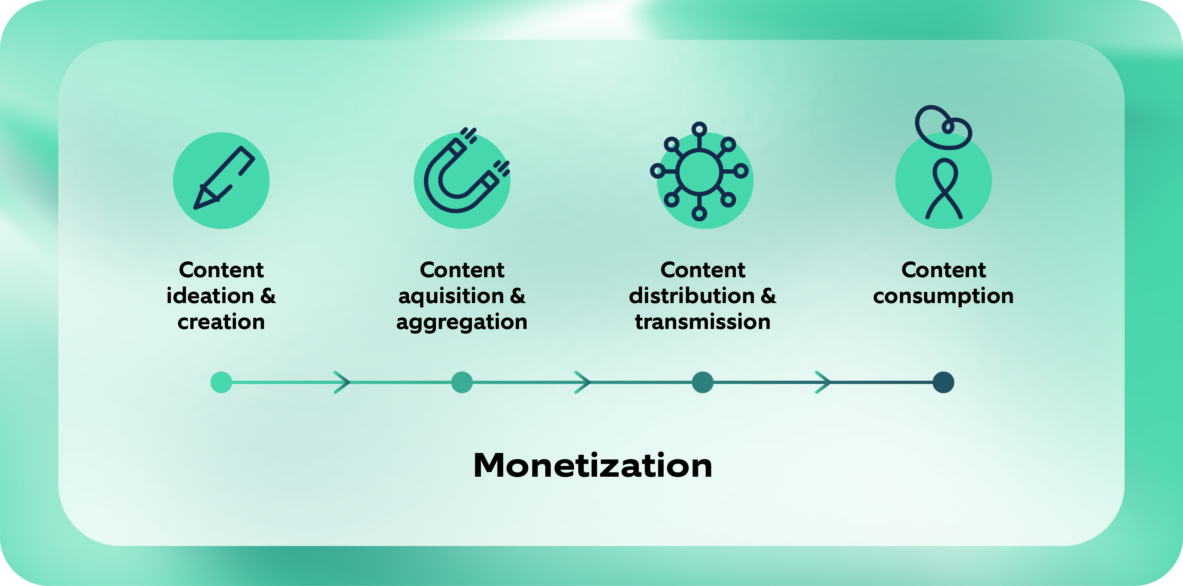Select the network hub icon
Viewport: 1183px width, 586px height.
pos(699,171)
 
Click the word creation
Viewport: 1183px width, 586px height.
pos(221,322)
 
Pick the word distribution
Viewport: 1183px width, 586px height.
pos(692,296)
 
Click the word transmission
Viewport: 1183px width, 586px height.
pos(702,322)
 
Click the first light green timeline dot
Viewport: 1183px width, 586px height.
pos(221,382)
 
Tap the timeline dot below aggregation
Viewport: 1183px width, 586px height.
pos(462,382)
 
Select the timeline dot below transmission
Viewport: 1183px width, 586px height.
pos(702,382)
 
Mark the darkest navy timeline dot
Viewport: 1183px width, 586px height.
pos(943,382)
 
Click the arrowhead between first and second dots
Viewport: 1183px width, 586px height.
pos(342,382)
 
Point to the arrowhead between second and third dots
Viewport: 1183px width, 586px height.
pos(583,382)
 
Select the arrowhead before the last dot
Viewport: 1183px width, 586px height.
pos(823,382)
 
